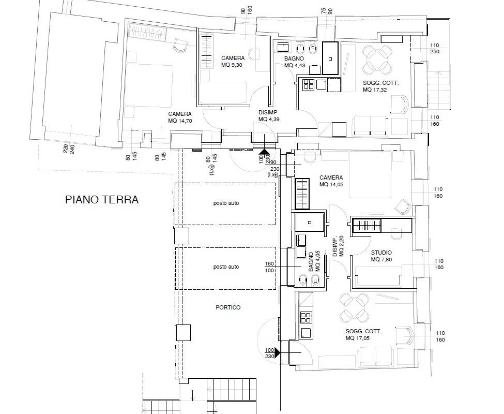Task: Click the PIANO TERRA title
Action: click(102, 200)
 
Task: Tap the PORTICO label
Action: click(228, 307)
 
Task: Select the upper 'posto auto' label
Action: click(226, 203)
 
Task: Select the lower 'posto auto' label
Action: click(226, 267)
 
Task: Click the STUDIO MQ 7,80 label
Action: click(381, 256)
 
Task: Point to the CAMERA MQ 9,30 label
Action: click(233, 62)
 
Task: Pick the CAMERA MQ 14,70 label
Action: click(180, 117)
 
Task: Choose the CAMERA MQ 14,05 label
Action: click(331, 181)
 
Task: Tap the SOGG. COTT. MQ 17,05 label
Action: click(363, 334)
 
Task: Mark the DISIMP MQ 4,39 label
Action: click(268, 116)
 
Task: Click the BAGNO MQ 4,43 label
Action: click(294, 62)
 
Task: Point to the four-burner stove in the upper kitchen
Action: click(308, 84)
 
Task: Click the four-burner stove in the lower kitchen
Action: click(306, 318)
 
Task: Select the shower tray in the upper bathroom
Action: click(330, 58)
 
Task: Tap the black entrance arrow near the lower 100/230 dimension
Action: click(277, 352)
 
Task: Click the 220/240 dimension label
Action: click(69, 149)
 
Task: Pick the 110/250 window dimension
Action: click(434, 49)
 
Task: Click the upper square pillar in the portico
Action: click(181, 235)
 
